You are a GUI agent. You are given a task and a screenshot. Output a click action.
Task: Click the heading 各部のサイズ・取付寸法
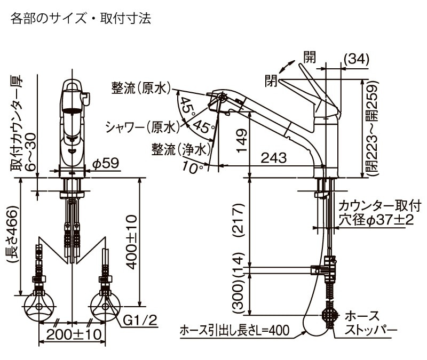click(x=81, y=19)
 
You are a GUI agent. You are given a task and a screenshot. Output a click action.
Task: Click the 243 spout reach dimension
click(x=274, y=158)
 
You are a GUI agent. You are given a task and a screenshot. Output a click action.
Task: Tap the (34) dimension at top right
click(x=355, y=60)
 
